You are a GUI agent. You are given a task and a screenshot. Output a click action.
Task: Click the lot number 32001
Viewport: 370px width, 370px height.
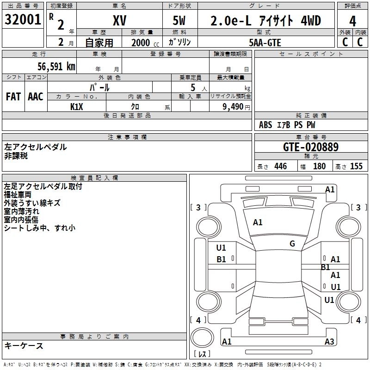coord(23,20)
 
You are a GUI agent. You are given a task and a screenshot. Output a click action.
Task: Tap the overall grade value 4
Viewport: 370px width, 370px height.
coord(352,21)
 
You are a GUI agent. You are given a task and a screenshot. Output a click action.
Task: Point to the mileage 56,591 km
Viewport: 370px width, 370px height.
coord(56,67)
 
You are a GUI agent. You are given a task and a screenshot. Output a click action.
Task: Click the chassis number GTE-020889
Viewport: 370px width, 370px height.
coord(310,147)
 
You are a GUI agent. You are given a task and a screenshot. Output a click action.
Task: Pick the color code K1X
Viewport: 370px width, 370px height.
coord(77,106)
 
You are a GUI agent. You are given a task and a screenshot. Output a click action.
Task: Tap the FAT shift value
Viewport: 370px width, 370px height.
coord(13,97)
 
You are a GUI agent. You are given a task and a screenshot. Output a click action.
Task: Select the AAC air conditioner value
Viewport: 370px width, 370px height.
coord(36,97)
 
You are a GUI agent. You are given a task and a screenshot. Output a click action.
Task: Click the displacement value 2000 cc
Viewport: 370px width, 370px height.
coord(144,43)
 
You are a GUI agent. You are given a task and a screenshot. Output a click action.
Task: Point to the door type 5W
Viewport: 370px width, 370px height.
coord(180,21)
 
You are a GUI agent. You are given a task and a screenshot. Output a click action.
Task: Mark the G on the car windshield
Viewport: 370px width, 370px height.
coord(292,244)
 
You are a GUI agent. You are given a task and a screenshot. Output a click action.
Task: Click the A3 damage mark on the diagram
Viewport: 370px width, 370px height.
coord(329,342)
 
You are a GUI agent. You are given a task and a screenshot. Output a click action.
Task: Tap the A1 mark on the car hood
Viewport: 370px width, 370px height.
coord(258,222)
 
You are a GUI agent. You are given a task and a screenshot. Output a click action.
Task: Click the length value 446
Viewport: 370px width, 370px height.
coord(280,166)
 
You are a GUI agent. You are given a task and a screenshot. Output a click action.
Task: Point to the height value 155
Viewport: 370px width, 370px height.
coord(356,166)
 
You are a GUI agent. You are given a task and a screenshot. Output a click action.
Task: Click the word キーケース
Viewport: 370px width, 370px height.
coord(24,345)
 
